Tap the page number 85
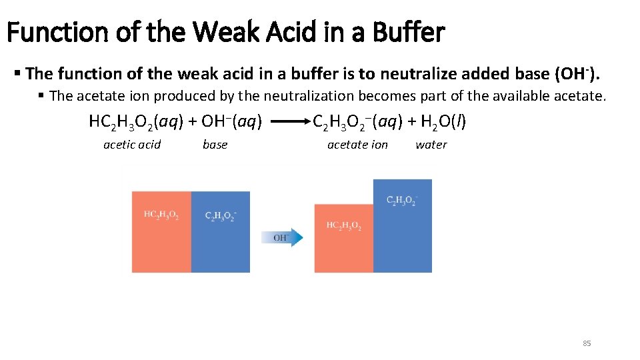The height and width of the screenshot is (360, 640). point(587,343)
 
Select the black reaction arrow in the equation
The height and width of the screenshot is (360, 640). point(288,123)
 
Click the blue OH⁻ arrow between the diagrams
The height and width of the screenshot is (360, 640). point(287,237)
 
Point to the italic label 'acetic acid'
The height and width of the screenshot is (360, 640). point(132,145)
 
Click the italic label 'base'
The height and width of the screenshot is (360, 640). point(215,145)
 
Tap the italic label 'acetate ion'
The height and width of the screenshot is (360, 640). point(357,145)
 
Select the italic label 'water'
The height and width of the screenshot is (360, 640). point(431,145)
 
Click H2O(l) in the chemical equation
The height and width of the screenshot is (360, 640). point(441,122)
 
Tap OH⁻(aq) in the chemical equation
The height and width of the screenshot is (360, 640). point(231,122)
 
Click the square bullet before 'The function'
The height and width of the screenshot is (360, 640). point(17,72)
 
